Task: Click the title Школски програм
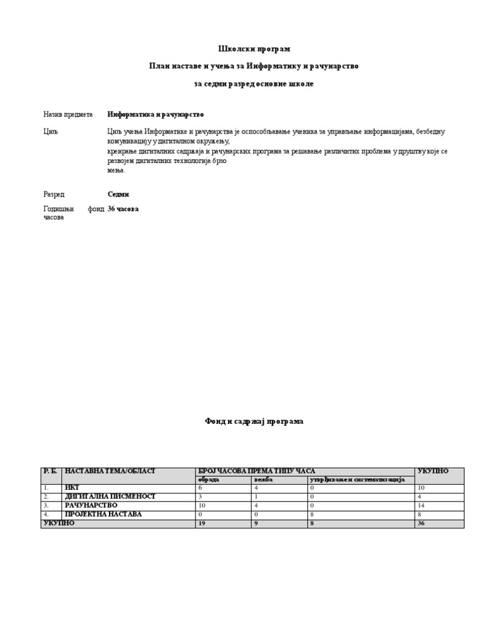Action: pyautogui.click(x=254, y=49)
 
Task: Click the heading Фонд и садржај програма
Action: pyautogui.click(x=254, y=421)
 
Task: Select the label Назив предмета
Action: pyautogui.click(x=68, y=115)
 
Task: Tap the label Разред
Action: pyautogui.click(x=54, y=194)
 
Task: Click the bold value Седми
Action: pyautogui.click(x=118, y=194)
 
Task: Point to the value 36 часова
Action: pyautogui.click(x=123, y=209)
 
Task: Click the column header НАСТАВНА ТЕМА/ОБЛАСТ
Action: pyautogui.click(x=110, y=471)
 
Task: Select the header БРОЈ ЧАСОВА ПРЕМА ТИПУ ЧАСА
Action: pyautogui.click(x=256, y=471)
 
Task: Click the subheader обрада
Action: pyautogui.click(x=209, y=480)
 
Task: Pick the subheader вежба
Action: pyautogui.click(x=264, y=480)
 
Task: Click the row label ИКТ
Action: pyautogui.click(x=72, y=488)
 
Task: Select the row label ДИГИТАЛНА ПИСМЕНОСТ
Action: pyautogui.click(x=110, y=497)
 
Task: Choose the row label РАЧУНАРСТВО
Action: pyautogui.click(x=92, y=505)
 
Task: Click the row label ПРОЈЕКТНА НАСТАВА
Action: pyautogui.click(x=103, y=514)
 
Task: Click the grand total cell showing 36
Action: pyautogui.click(x=422, y=524)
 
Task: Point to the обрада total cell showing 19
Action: pyautogui.click(x=202, y=524)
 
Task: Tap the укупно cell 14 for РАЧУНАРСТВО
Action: pyautogui.click(x=422, y=505)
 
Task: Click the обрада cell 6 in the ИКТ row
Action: pyautogui.click(x=200, y=488)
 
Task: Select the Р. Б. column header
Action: pyautogui.click(x=50, y=471)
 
